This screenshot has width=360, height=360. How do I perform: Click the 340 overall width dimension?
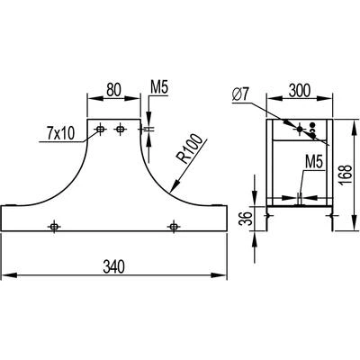[x=113, y=266]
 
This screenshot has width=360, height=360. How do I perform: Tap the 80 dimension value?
[x=113, y=90]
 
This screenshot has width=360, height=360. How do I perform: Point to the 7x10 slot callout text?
[x=60, y=133]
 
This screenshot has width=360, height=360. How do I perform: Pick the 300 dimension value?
[x=300, y=90]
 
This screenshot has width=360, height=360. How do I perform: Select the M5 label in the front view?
[x=159, y=88]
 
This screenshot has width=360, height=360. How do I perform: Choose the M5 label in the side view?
[x=314, y=163]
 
